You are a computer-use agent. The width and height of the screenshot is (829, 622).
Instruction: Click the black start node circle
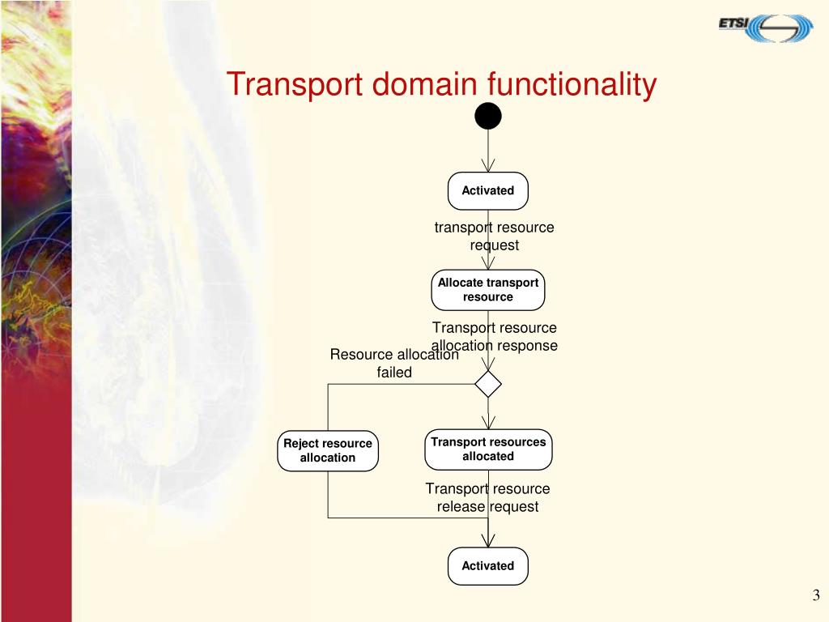coord(488,117)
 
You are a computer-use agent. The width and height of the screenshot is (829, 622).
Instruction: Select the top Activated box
coord(488,190)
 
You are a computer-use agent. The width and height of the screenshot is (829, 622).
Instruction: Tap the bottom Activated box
coord(488,566)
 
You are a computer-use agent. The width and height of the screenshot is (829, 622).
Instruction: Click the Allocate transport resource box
coord(488,290)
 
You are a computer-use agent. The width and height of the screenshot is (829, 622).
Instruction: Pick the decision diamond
coord(488,384)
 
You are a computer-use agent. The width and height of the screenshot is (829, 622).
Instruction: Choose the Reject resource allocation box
coord(328,450)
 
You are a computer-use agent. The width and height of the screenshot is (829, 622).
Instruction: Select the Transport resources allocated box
coord(488,449)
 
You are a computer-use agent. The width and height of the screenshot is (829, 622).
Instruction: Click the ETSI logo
coord(765,27)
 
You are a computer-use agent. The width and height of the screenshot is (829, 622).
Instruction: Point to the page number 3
coord(816,596)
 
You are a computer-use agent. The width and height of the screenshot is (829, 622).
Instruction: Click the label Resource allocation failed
coord(394,364)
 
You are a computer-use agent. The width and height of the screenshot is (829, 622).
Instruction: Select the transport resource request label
coord(494,236)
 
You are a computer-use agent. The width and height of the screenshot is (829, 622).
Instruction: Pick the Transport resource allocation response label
coord(494,336)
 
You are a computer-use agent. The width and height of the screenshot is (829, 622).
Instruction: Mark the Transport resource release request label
coord(487,497)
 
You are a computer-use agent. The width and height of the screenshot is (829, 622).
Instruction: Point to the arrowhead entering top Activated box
coord(488,166)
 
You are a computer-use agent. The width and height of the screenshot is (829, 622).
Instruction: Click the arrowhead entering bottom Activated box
coord(488,541)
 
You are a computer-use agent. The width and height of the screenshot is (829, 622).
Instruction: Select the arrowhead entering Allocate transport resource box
coord(488,263)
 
